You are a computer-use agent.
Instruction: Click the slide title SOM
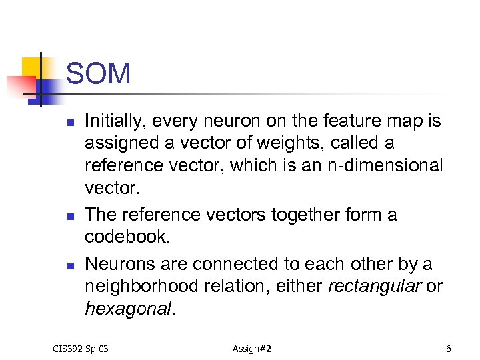(98, 74)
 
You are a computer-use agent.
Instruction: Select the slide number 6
(449, 349)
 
